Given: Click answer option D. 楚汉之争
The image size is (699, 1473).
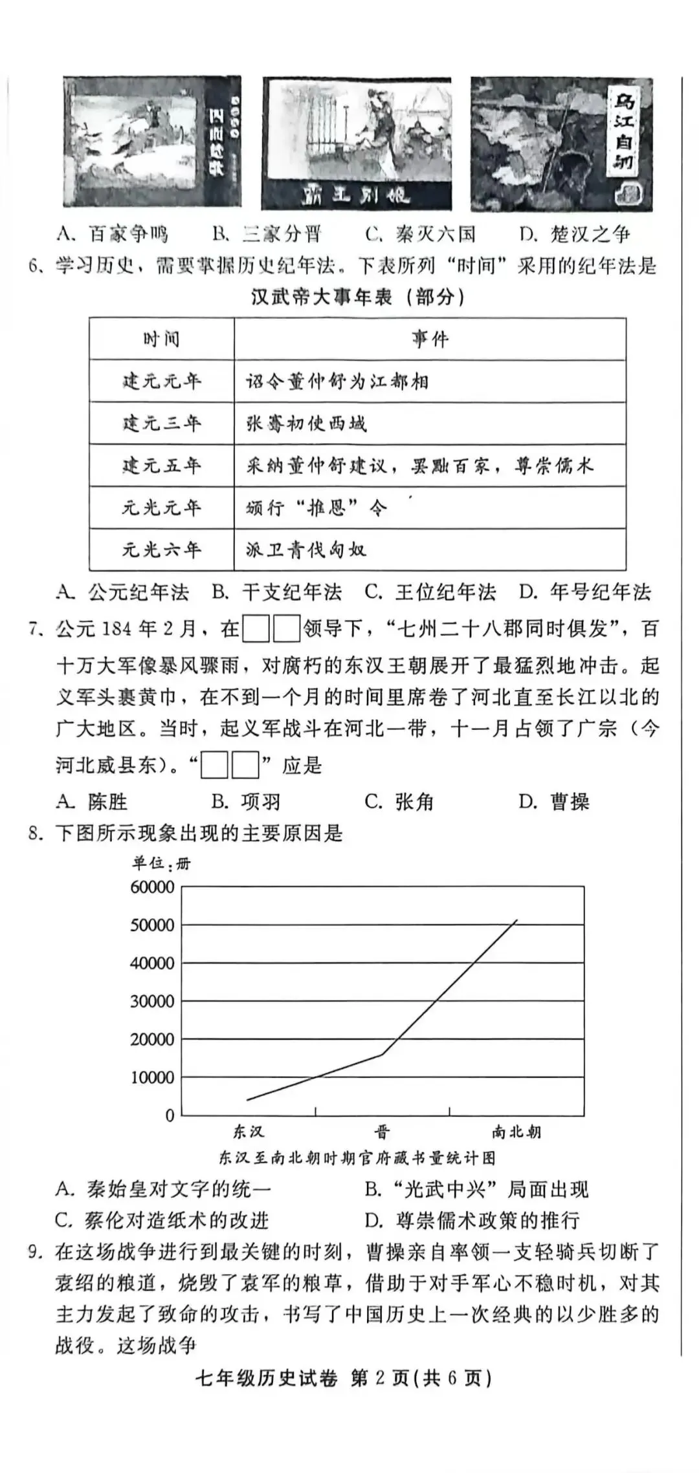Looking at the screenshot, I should coord(575,233).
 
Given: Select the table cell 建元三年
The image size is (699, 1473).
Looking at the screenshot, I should coord(162,424).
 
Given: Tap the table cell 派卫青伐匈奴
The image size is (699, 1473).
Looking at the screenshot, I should coord(305,550).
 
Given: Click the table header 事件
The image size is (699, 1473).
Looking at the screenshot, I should coord(430,339).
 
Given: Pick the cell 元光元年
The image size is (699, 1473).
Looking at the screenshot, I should coord(162,508).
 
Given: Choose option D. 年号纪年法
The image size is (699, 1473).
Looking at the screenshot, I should coord(584,592).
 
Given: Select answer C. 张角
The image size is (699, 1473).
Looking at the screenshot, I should coord(399,802).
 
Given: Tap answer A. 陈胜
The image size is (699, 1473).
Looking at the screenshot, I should coord(92,802).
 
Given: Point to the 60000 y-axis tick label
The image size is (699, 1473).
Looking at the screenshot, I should coord(153,887).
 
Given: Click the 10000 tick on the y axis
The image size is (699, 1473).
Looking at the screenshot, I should coord(153,1077).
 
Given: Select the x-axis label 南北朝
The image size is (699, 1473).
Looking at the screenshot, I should coord(516,1132).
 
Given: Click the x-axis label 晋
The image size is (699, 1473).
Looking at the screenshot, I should coord(382,1132).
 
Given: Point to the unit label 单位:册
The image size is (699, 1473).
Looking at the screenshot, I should coord(162,863).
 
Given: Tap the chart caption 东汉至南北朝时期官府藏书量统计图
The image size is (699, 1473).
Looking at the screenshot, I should coord(357,1157).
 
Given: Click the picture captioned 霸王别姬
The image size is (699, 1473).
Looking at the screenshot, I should coord(357,144).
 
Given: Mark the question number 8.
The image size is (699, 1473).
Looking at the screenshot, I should coord(36,833).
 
